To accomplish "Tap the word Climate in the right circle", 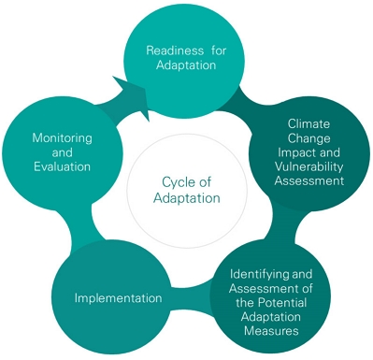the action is (308, 123).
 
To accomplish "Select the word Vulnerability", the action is (308, 166).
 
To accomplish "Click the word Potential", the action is (282, 303).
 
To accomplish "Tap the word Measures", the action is (271, 331).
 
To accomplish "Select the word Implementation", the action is (119, 298).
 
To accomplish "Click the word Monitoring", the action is (63, 138).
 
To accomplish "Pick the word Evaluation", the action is (63, 166).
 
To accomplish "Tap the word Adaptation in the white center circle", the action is (187, 198).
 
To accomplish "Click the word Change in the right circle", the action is (308, 138).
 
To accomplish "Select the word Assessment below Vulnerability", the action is (309, 180).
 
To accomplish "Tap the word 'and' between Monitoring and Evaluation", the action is (63, 152).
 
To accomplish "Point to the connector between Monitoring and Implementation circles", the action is (81, 223).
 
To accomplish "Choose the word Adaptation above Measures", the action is (271, 317).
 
